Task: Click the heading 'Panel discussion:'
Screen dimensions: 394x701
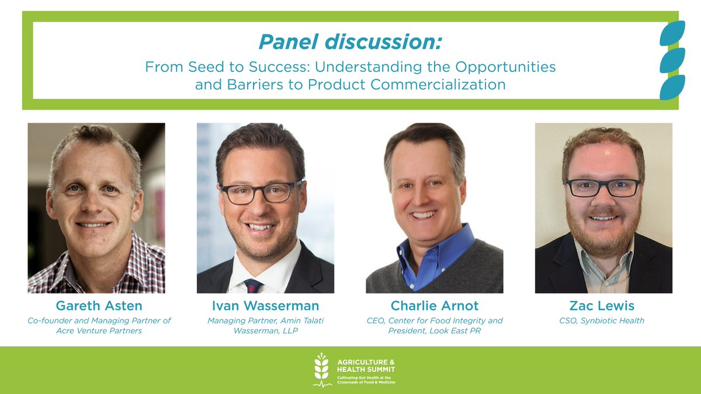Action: pos(350,42)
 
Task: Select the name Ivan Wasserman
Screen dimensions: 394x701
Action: pos(265,306)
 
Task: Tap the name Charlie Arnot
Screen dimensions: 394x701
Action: pos(434,306)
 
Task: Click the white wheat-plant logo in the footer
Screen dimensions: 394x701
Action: pos(321,369)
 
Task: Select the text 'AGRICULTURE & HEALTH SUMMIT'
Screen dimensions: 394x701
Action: pos(366,365)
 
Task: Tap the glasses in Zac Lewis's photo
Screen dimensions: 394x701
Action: pos(603,187)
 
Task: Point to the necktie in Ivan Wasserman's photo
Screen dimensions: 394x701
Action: pos(253,285)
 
